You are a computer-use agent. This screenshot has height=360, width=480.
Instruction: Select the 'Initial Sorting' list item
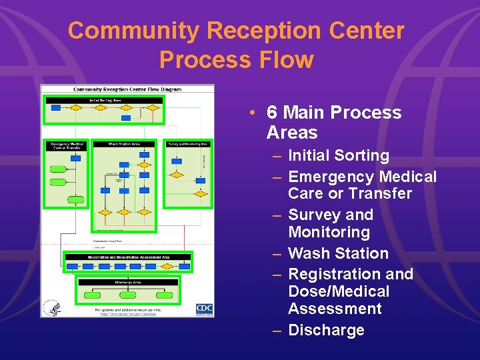coord(338,156)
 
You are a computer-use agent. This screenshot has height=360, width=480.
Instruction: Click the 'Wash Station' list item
coord(338,253)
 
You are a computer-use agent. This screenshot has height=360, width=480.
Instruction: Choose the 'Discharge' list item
coord(326,330)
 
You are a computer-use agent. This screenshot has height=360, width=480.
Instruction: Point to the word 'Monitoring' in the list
coord(329,232)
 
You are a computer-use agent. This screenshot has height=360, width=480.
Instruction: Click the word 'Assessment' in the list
coord(335,309)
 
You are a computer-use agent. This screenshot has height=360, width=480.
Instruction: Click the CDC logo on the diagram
coord(204,309)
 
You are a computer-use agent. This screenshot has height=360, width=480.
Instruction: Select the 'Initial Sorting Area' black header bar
coord(105,100)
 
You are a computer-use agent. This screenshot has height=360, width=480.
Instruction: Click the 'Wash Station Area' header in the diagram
coord(124,144)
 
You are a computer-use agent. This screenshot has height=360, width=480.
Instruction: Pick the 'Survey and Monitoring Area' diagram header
coord(188,144)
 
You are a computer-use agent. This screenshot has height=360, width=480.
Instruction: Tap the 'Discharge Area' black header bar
coord(127,282)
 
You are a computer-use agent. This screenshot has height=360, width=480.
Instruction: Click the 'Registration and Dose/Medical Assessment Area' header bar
coord(127,257)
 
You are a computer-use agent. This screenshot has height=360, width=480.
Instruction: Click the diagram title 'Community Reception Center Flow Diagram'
coord(127,89)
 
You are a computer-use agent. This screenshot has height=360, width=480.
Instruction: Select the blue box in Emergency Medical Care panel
coord(75,159)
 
